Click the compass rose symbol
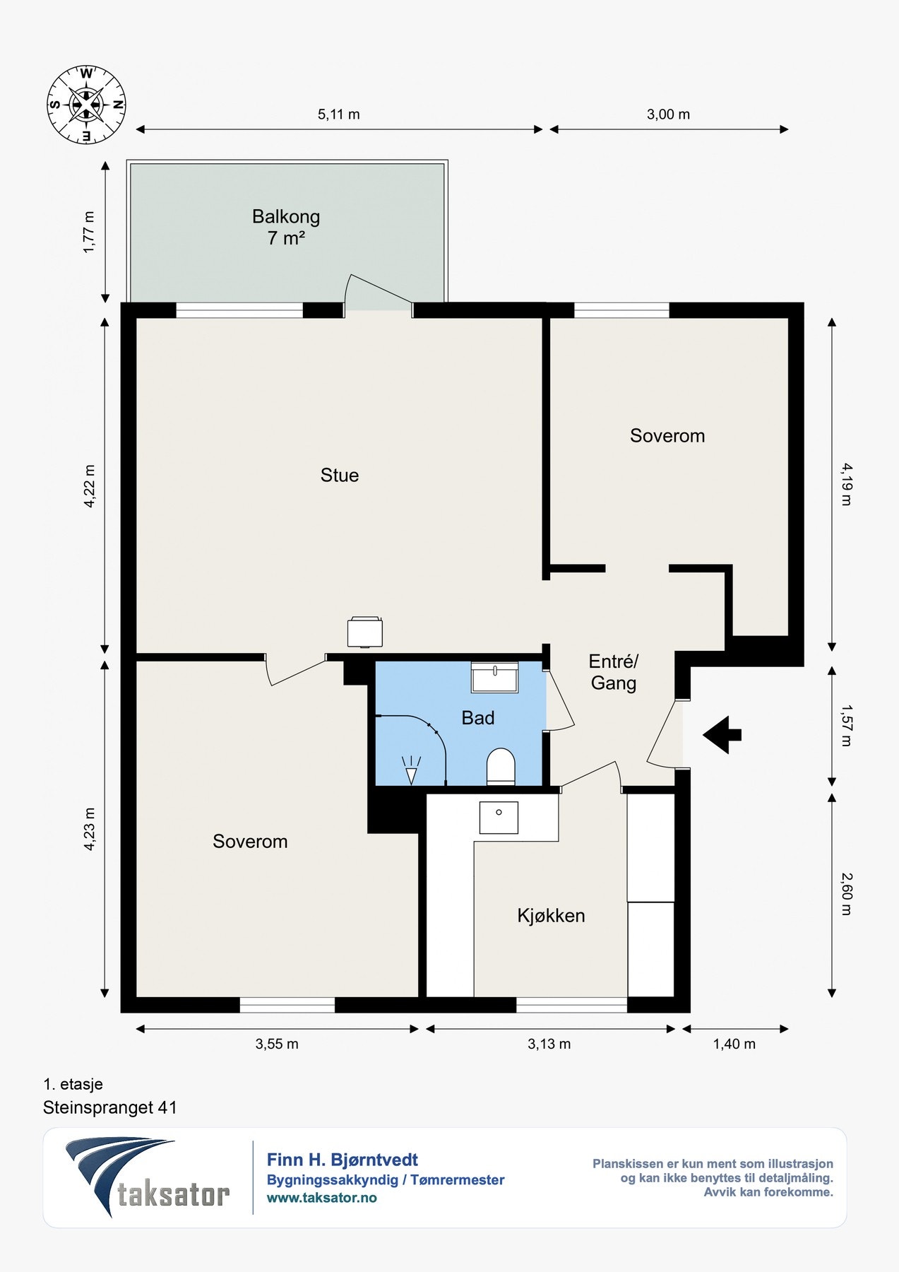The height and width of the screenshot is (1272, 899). click(86, 105)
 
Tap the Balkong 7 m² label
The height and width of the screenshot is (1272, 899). click(286, 227)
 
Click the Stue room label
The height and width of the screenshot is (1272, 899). click(340, 475)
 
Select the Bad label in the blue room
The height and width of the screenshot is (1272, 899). click(478, 718)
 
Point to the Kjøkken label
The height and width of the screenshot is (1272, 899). click(551, 916)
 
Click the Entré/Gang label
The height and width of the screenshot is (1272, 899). click(614, 672)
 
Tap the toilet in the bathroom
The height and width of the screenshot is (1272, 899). click(501, 766)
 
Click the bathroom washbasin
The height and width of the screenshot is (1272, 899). click(495, 677)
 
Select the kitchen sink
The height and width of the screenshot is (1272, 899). click(499, 817)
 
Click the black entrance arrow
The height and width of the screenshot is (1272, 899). click(722, 735)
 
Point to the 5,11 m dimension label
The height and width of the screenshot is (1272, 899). click(339, 114)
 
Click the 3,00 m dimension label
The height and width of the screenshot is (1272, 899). click(668, 114)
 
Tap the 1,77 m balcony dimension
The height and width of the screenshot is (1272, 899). click(89, 232)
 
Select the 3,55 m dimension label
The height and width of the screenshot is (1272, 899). click(277, 1044)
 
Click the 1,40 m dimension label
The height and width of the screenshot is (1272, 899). click(734, 1044)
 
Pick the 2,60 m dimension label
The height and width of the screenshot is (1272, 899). click(847, 894)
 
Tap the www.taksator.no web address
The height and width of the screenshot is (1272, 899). click(322, 1198)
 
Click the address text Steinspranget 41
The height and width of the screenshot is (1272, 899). click(110, 1107)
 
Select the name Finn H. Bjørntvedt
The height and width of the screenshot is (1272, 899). click(343, 1160)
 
